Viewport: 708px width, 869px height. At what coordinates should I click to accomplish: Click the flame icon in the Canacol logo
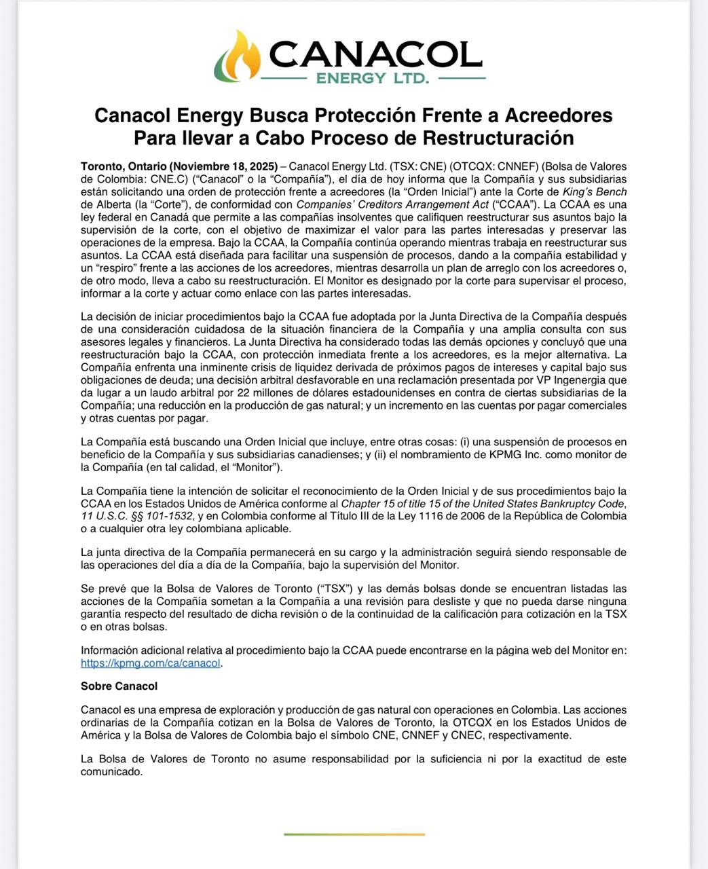237,56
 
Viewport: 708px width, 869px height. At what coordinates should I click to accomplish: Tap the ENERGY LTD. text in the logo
373,78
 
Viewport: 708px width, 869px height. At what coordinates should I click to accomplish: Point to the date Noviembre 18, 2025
224,166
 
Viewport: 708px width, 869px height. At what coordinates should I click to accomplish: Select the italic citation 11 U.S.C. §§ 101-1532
133,516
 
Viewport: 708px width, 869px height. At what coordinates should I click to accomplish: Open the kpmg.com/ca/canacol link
151,663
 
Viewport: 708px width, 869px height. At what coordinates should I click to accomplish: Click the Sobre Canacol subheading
119,686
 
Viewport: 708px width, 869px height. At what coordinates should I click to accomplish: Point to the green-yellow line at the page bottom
354,834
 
